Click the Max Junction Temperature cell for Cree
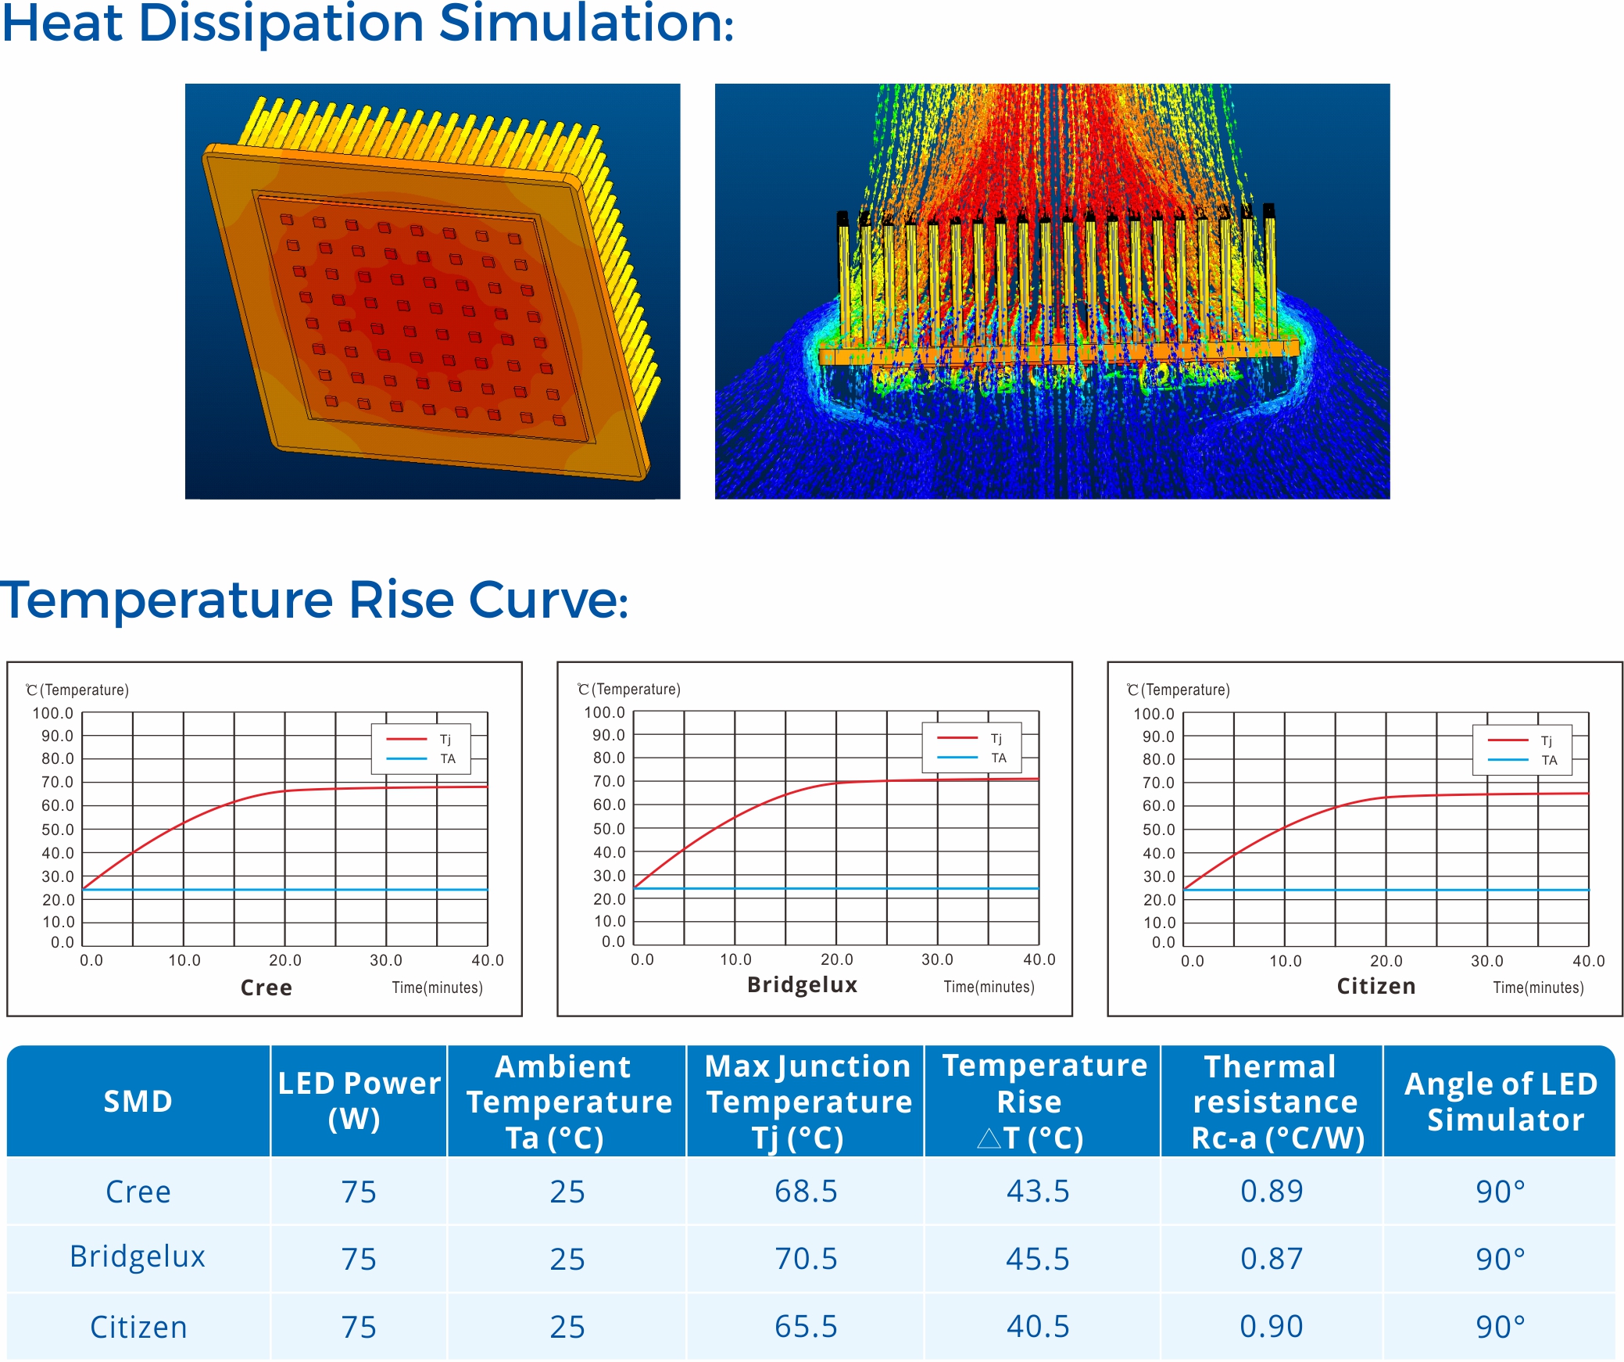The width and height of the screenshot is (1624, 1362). (x=806, y=1192)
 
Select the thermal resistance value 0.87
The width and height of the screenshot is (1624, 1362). (x=1272, y=1259)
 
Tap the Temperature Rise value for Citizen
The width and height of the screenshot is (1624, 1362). (x=1038, y=1327)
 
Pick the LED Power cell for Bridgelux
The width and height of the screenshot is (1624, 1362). (x=359, y=1259)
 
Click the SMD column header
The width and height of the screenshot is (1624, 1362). (x=138, y=1101)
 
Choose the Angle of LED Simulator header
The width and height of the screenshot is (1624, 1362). (x=1501, y=1102)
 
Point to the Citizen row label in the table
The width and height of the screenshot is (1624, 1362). (x=138, y=1327)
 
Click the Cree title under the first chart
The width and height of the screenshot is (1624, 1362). (x=266, y=987)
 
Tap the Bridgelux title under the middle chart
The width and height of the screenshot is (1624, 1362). (x=803, y=984)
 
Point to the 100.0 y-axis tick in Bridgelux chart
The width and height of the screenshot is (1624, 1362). (x=605, y=712)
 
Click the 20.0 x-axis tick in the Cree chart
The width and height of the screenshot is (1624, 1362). (x=285, y=960)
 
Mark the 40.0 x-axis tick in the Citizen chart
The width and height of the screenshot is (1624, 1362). (x=1589, y=961)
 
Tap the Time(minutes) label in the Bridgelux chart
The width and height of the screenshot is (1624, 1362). (x=989, y=987)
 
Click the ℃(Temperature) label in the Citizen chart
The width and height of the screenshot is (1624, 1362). (x=1179, y=690)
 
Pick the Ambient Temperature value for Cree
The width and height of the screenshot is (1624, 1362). (x=567, y=1192)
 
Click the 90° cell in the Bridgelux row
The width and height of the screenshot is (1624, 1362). (x=1501, y=1259)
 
